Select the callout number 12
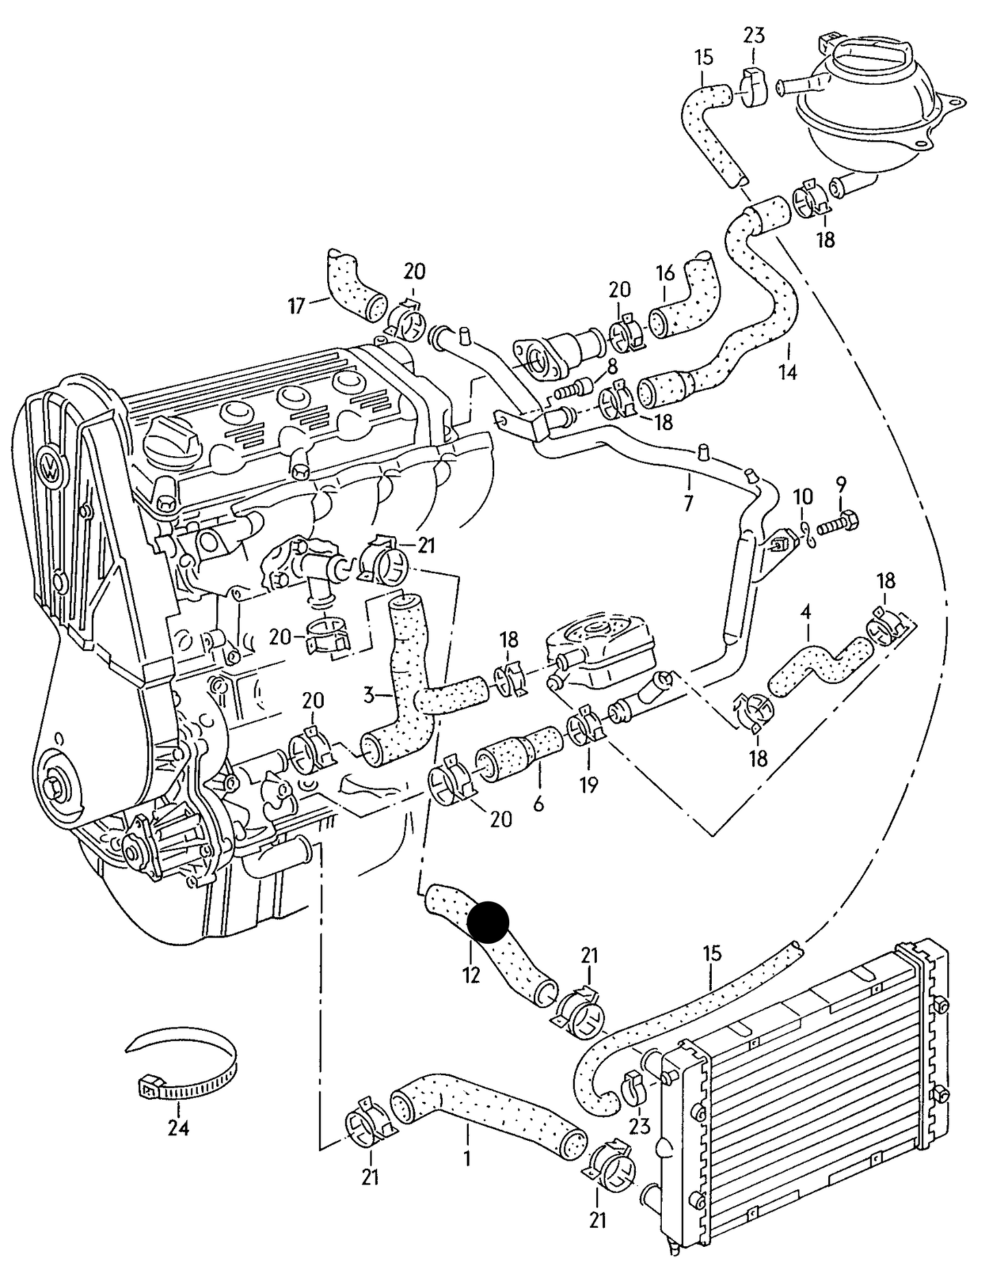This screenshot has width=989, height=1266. pos(472,975)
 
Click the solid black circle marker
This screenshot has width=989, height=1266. pos(487,922)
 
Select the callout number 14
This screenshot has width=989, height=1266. pos(788,373)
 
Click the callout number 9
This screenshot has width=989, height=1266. pos(840,484)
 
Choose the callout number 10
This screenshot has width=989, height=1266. pos(804,496)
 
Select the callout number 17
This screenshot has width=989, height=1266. pos(296,306)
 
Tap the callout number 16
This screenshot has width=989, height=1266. pos(665,274)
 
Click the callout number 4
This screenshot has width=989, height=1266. pos(806,611)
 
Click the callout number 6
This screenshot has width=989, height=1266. pos(539,804)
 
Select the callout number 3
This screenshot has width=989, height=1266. pos(369,696)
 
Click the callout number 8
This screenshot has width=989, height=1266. pos(611,365)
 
